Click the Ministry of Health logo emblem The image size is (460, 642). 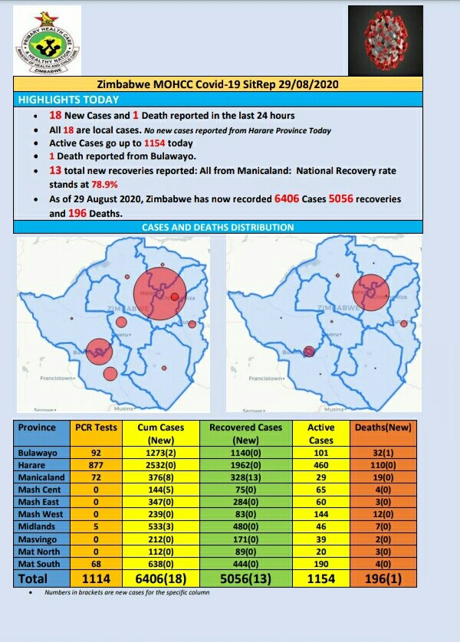[x=48, y=39]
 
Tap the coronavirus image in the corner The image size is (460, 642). [x=385, y=38]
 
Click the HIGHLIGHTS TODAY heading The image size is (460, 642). [x=69, y=100]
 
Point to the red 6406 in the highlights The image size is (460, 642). [x=288, y=199]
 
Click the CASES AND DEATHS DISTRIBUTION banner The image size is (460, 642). [x=218, y=228]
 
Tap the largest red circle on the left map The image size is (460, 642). [x=159, y=293]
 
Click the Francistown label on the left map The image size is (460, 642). [x=61, y=378]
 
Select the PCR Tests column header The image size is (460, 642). [x=96, y=427]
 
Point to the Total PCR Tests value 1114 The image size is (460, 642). [x=96, y=579]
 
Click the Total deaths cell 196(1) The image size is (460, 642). [x=384, y=579]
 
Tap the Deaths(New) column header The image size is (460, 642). [x=384, y=427]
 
